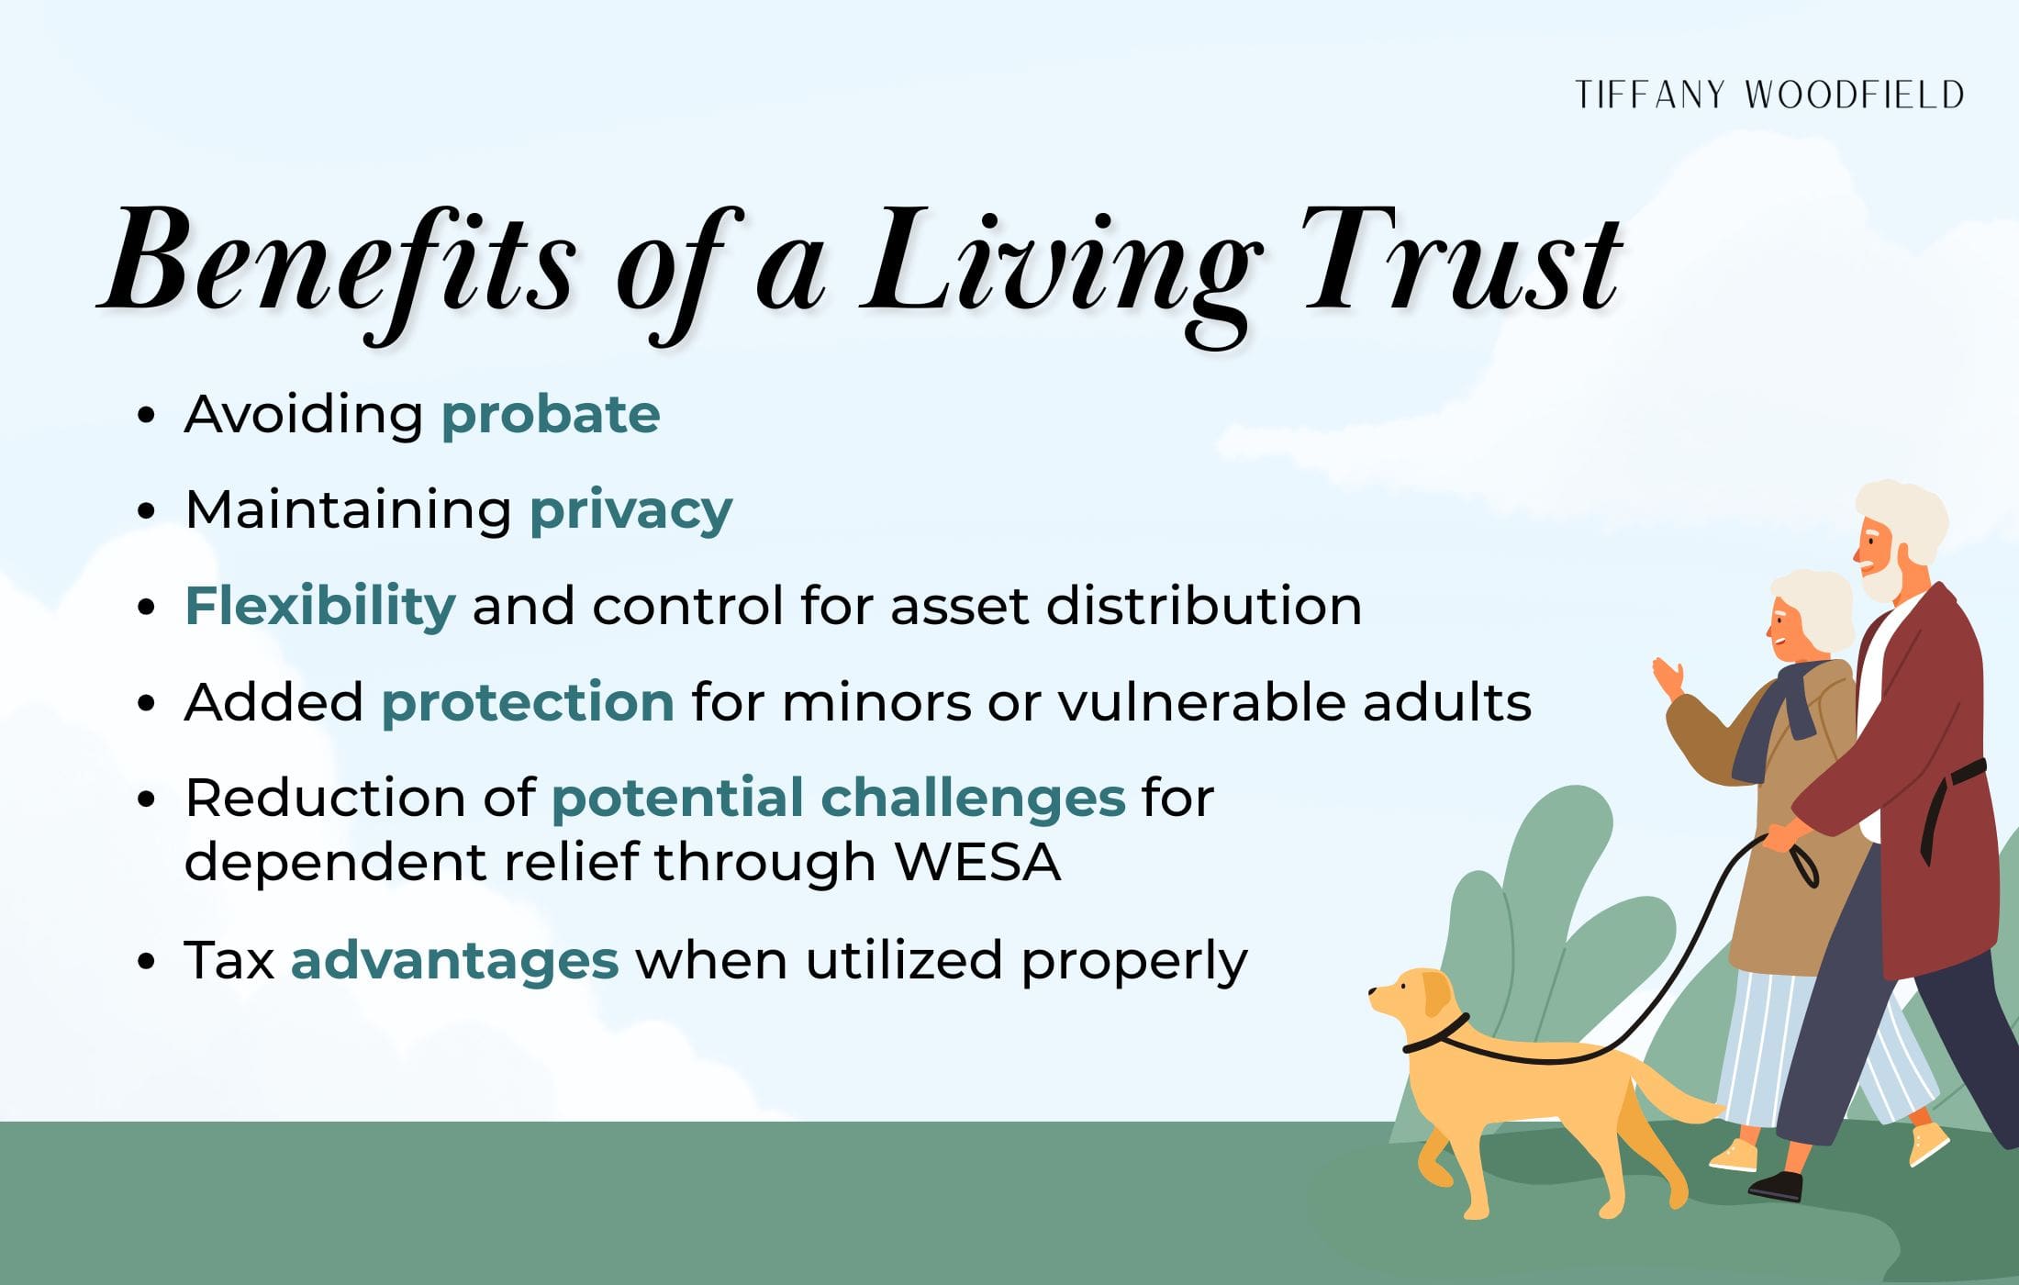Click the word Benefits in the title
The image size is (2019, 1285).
point(340,262)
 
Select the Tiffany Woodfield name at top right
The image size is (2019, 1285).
point(1768,95)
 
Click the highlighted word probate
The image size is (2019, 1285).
point(551,415)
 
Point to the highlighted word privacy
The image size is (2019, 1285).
point(631,510)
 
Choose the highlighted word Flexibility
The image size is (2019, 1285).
point(320,607)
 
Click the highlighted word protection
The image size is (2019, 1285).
point(528,703)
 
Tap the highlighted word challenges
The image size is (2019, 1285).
point(973,798)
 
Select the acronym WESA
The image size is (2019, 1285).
point(978,863)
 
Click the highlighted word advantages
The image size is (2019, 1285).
point(454,961)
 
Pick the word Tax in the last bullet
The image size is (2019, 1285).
point(229,961)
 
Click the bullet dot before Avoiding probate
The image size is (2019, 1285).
point(145,416)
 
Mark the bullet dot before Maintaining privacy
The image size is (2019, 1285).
point(145,511)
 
